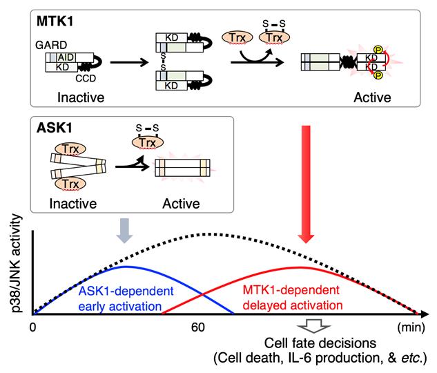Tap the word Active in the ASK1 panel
click(177, 204)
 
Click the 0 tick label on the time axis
click(32, 327)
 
